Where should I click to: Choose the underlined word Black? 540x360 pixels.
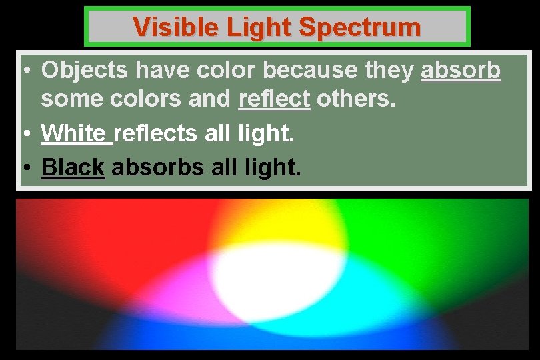[x=73, y=167]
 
